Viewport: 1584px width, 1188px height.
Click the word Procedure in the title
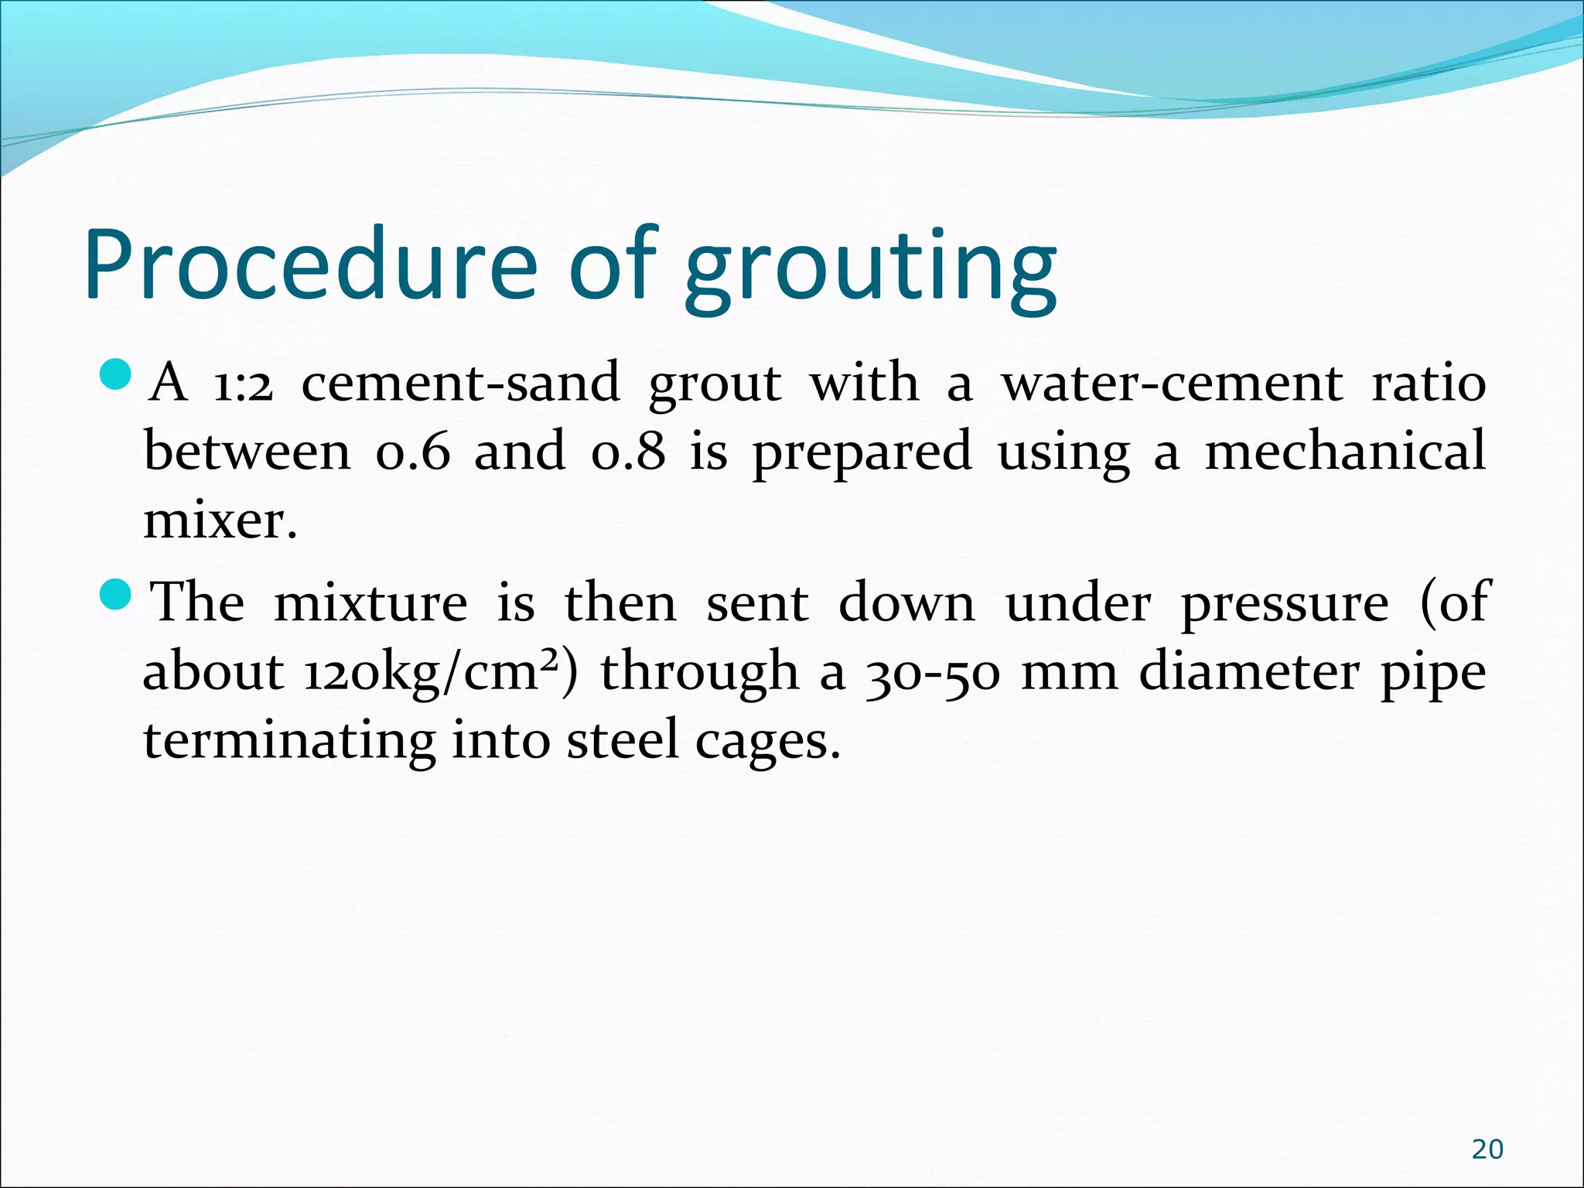point(309,263)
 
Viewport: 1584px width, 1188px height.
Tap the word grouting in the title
point(870,267)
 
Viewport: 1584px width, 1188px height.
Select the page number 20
point(1487,1149)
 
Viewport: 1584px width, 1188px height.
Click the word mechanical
point(1345,451)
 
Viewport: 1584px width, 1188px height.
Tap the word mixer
point(220,521)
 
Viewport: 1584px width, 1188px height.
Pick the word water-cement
point(1173,383)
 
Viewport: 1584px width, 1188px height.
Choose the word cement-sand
point(460,383)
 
